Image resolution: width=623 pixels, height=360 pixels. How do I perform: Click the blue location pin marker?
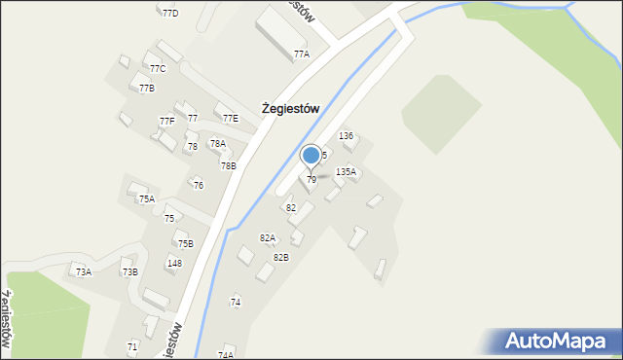311,156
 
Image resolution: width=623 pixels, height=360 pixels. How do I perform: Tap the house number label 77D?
170,14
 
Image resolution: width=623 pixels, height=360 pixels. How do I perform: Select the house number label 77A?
302,54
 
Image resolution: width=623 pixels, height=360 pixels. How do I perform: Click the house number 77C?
158,69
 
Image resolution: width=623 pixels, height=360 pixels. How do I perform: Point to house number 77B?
147,89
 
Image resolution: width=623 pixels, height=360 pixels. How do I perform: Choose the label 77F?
167,122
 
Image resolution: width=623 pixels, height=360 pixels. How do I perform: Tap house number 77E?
231,119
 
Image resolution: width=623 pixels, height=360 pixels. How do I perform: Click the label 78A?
218,144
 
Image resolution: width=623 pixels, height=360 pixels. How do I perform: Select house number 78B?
228,166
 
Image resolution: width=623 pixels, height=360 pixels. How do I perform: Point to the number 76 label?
199,185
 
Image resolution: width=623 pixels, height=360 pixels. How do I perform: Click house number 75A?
146,199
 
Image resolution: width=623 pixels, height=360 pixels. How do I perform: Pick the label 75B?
185,244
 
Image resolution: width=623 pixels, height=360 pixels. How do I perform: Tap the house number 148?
174,264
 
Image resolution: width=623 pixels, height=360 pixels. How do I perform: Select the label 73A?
84,272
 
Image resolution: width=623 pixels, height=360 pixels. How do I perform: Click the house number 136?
346,136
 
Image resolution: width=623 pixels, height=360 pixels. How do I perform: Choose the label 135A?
346,171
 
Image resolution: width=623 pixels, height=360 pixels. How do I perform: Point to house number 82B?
280,258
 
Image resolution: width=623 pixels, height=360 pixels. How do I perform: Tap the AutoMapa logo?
562,342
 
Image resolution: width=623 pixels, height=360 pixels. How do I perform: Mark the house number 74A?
226,355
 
